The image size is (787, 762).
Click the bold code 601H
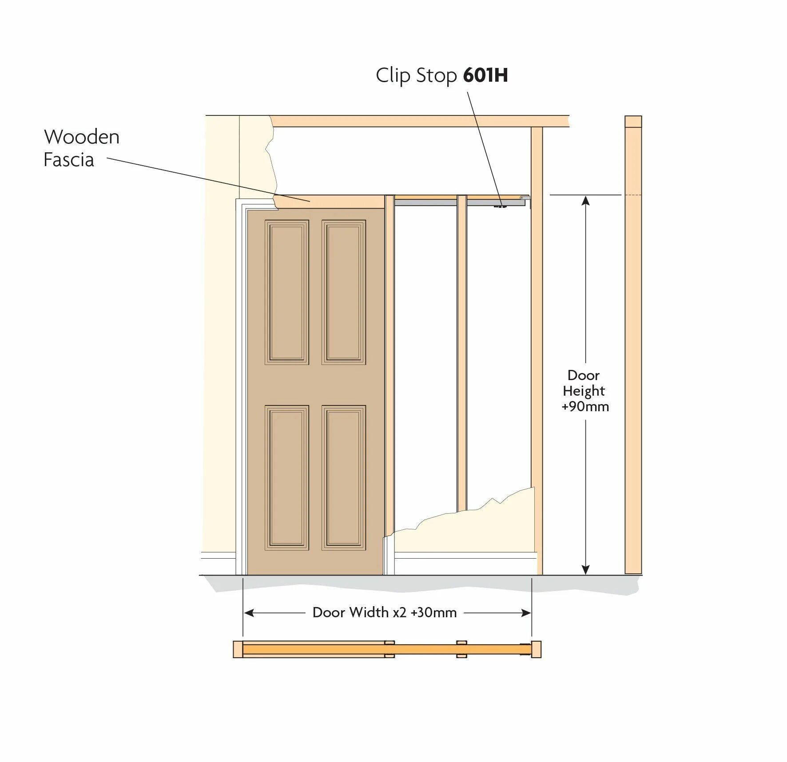[x=485, y=75]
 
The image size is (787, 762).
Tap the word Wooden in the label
[x=82, y=137]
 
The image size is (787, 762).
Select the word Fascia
[x=69, y=160]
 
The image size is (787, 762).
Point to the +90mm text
[x=585, y=406]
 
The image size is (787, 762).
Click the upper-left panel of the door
[x=287, y=292]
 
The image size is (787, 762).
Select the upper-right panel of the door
[x=344, y=292]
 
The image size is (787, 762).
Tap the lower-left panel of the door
[x=287, y=477]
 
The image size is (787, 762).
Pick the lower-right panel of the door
[x=344, y=477]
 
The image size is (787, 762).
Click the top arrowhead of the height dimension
[x=586, y=201]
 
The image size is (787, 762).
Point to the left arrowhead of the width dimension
[x=249, y=613]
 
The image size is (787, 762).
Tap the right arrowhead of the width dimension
[x=526, y=613]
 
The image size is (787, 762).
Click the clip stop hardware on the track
[x=501, y=206]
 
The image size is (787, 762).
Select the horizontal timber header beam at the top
[x=420, y=121]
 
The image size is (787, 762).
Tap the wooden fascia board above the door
[x=329, y=201]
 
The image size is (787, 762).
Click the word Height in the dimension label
[x=584, y=391]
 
